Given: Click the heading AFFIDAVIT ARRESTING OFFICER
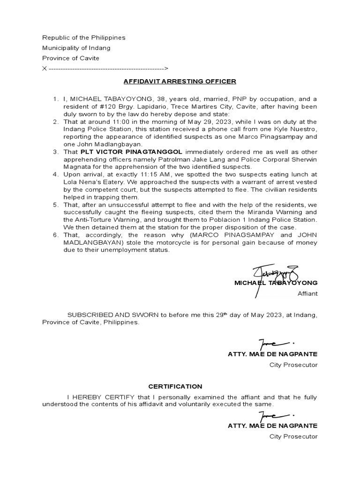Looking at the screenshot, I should (180, 81).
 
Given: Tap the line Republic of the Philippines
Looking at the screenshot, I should (84, 37).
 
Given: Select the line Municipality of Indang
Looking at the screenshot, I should (76, 48).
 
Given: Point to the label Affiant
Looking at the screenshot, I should (307, 293).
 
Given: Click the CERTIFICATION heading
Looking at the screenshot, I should (175, 387).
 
